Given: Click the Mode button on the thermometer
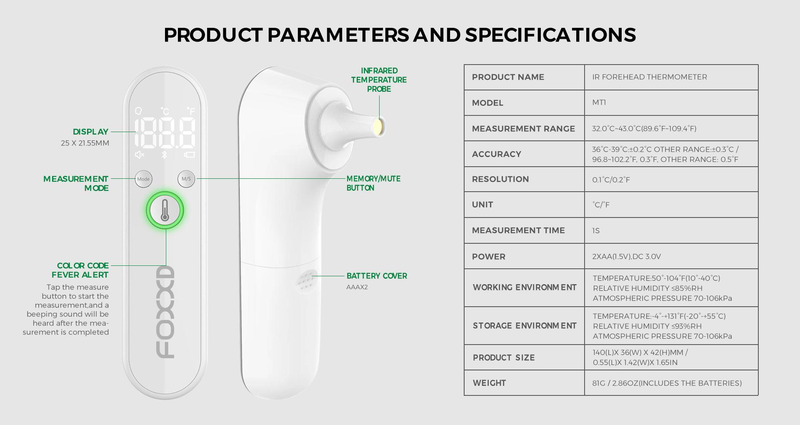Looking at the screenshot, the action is (143, 179).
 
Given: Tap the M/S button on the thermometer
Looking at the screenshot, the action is (186, 179).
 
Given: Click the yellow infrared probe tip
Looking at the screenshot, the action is (379, 126).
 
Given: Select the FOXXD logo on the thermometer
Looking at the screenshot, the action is (165, 312).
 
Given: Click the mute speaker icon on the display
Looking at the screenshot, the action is (140, 155).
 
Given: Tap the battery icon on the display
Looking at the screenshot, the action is (190, 155).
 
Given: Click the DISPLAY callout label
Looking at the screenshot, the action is (90, 132).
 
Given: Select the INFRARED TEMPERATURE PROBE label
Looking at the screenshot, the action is (379, 80).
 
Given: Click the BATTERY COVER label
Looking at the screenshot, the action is (377, 276).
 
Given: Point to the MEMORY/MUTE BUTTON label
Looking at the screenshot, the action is (373, 183).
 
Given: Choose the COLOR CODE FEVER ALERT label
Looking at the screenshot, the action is (80, 270).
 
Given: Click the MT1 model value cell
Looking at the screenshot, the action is (599, 102).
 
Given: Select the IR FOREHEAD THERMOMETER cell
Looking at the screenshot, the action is (650, 77).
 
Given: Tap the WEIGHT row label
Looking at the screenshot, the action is (489, 383).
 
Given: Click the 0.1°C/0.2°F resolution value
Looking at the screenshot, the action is (611, 180).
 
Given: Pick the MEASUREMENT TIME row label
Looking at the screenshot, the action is (518, 230).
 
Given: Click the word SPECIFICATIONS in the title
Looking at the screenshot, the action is (550, 35).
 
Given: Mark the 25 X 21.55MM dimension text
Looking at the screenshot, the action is (85, 143).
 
